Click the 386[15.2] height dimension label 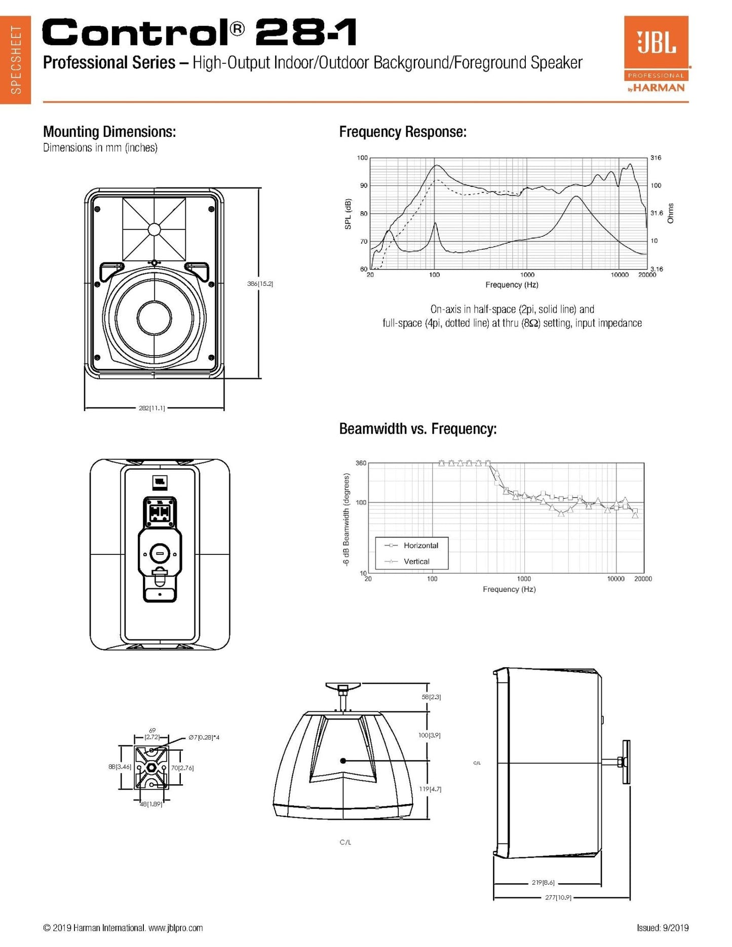pyautogui.click(x=260, y=284)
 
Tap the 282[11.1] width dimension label pyautogui.click(x=151, y=408)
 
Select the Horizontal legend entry pyautogui.click(x=420, y=546)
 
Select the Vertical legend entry pyautogui.click(x=416, y=561)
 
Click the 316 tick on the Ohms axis pyautogui.click(x=656, y=158)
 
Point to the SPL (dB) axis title pyautogui.click(x=348, y=214)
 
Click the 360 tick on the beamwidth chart pyautogui.click(x=361, y=463)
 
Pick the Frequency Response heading pyautogui.click(x=403, y=132)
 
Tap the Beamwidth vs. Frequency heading pyautogui.click(x=418, y=429)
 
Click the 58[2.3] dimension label pyautogui.click(x=431, y=697)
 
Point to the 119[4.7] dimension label pyautogui.click(x=431, y=789)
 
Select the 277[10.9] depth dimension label pyautogui.click(x=558, y=897)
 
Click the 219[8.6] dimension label pyautogui.click(x=543, y=882)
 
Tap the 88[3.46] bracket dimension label pyautogui.click(x=120, y=767)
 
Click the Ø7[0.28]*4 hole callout pyautogui.click(x=204, y=737)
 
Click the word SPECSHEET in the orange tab pyautogui.click(x=16, y=60)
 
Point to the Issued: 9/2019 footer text pyautogui.click(x=663, y=928)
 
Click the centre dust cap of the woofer pyautogui.click(x=155, y=318)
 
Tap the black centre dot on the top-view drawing pyautogui.click(x=343, y=761)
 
